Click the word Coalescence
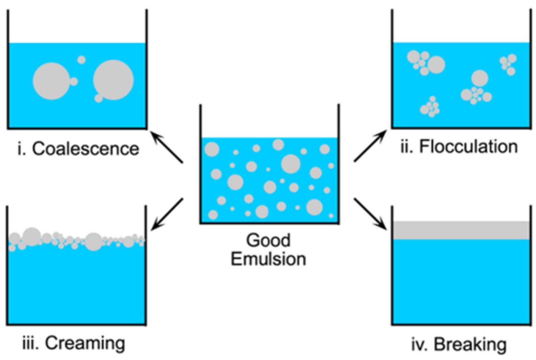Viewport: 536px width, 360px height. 85,149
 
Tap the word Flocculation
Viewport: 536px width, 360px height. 468,147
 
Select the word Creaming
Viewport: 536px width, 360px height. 85,343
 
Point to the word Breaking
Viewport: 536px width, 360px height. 470,344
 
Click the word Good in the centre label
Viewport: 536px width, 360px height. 268,240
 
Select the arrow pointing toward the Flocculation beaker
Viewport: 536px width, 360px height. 370,146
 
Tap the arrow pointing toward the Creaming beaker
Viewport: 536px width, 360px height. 167,214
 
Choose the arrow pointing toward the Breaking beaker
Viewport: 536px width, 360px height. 370,214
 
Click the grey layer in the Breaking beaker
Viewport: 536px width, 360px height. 461,230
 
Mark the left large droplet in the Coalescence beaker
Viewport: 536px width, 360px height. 51,81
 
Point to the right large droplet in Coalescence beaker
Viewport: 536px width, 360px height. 113,80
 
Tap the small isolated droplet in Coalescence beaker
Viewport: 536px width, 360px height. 81,60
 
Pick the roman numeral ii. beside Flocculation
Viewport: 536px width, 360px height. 407,147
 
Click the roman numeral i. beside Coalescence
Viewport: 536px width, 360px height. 21,149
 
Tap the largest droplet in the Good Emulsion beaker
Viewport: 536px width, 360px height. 290,164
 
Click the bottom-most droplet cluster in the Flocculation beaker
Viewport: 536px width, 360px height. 430,107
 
